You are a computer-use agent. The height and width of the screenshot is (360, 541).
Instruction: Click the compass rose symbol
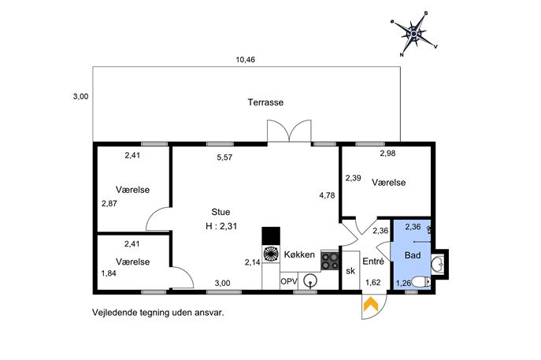click(415, 32)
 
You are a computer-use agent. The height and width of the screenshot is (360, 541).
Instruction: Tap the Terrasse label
click(265, 102)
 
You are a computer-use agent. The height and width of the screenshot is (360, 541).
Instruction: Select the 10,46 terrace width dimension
click(246, 60)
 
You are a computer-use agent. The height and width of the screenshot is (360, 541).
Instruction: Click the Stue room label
click(220, 211)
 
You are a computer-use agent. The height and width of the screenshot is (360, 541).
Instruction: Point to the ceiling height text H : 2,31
click(221, 226)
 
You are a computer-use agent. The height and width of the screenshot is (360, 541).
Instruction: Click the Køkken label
click(300, 254)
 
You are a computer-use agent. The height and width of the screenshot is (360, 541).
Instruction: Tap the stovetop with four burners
click(329, 261)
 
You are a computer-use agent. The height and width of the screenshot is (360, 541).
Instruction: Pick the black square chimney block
click(271, 236)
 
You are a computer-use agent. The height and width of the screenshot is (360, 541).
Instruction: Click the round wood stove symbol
click(271, 254)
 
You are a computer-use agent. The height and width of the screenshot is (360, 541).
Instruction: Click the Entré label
click(373, 262)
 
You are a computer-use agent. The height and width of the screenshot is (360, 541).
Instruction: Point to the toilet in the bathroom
click(425, 282)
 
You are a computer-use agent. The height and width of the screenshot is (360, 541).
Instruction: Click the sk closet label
click(350, 272)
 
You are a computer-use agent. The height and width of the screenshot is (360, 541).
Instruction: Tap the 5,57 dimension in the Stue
click(226, 157)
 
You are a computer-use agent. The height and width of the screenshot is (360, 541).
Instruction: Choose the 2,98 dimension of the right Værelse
click(387, 153)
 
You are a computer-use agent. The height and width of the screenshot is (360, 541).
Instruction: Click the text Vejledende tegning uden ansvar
click(158, 312)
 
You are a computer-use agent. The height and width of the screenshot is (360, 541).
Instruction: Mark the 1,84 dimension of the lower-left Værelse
click(108, 273)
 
